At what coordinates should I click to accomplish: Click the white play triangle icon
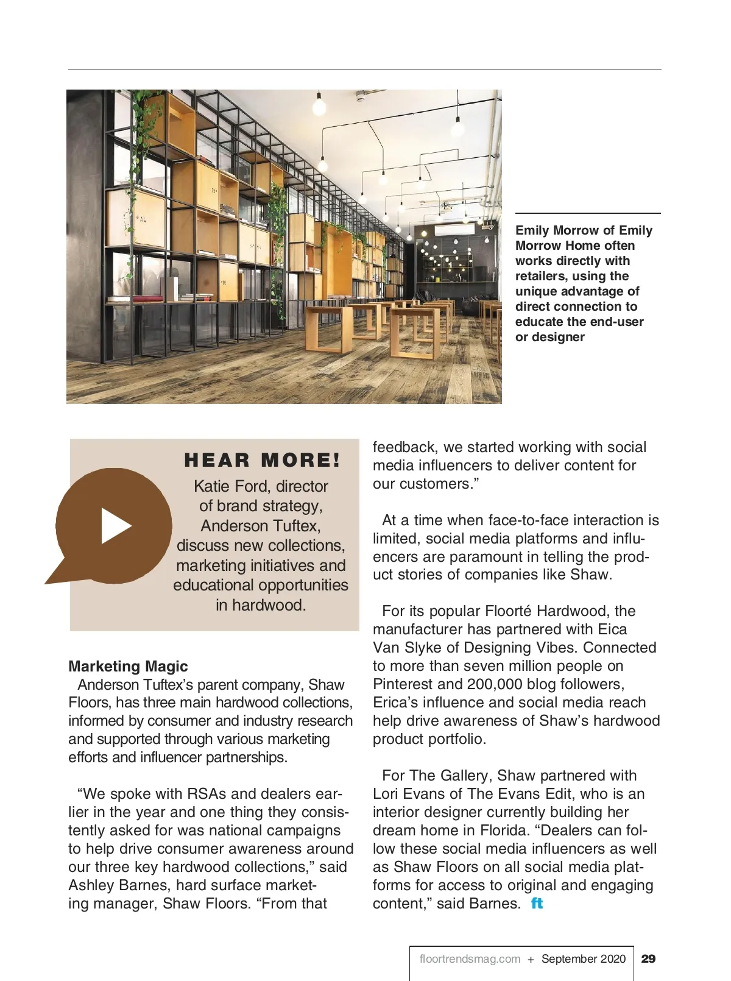tap(115, 525)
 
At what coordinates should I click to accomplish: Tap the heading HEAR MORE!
tap(262, 460)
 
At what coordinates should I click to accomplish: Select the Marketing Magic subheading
tap(128, 666)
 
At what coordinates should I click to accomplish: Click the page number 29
tap(649, 958)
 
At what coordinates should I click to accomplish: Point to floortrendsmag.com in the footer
tap(470, 959)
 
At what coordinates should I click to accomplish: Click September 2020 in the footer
tap(583, 959)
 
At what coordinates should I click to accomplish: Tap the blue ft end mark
tap(537, 903)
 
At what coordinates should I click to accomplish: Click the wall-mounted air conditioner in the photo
tap(454, 230)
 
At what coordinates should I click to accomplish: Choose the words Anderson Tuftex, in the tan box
tap(260, 526)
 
